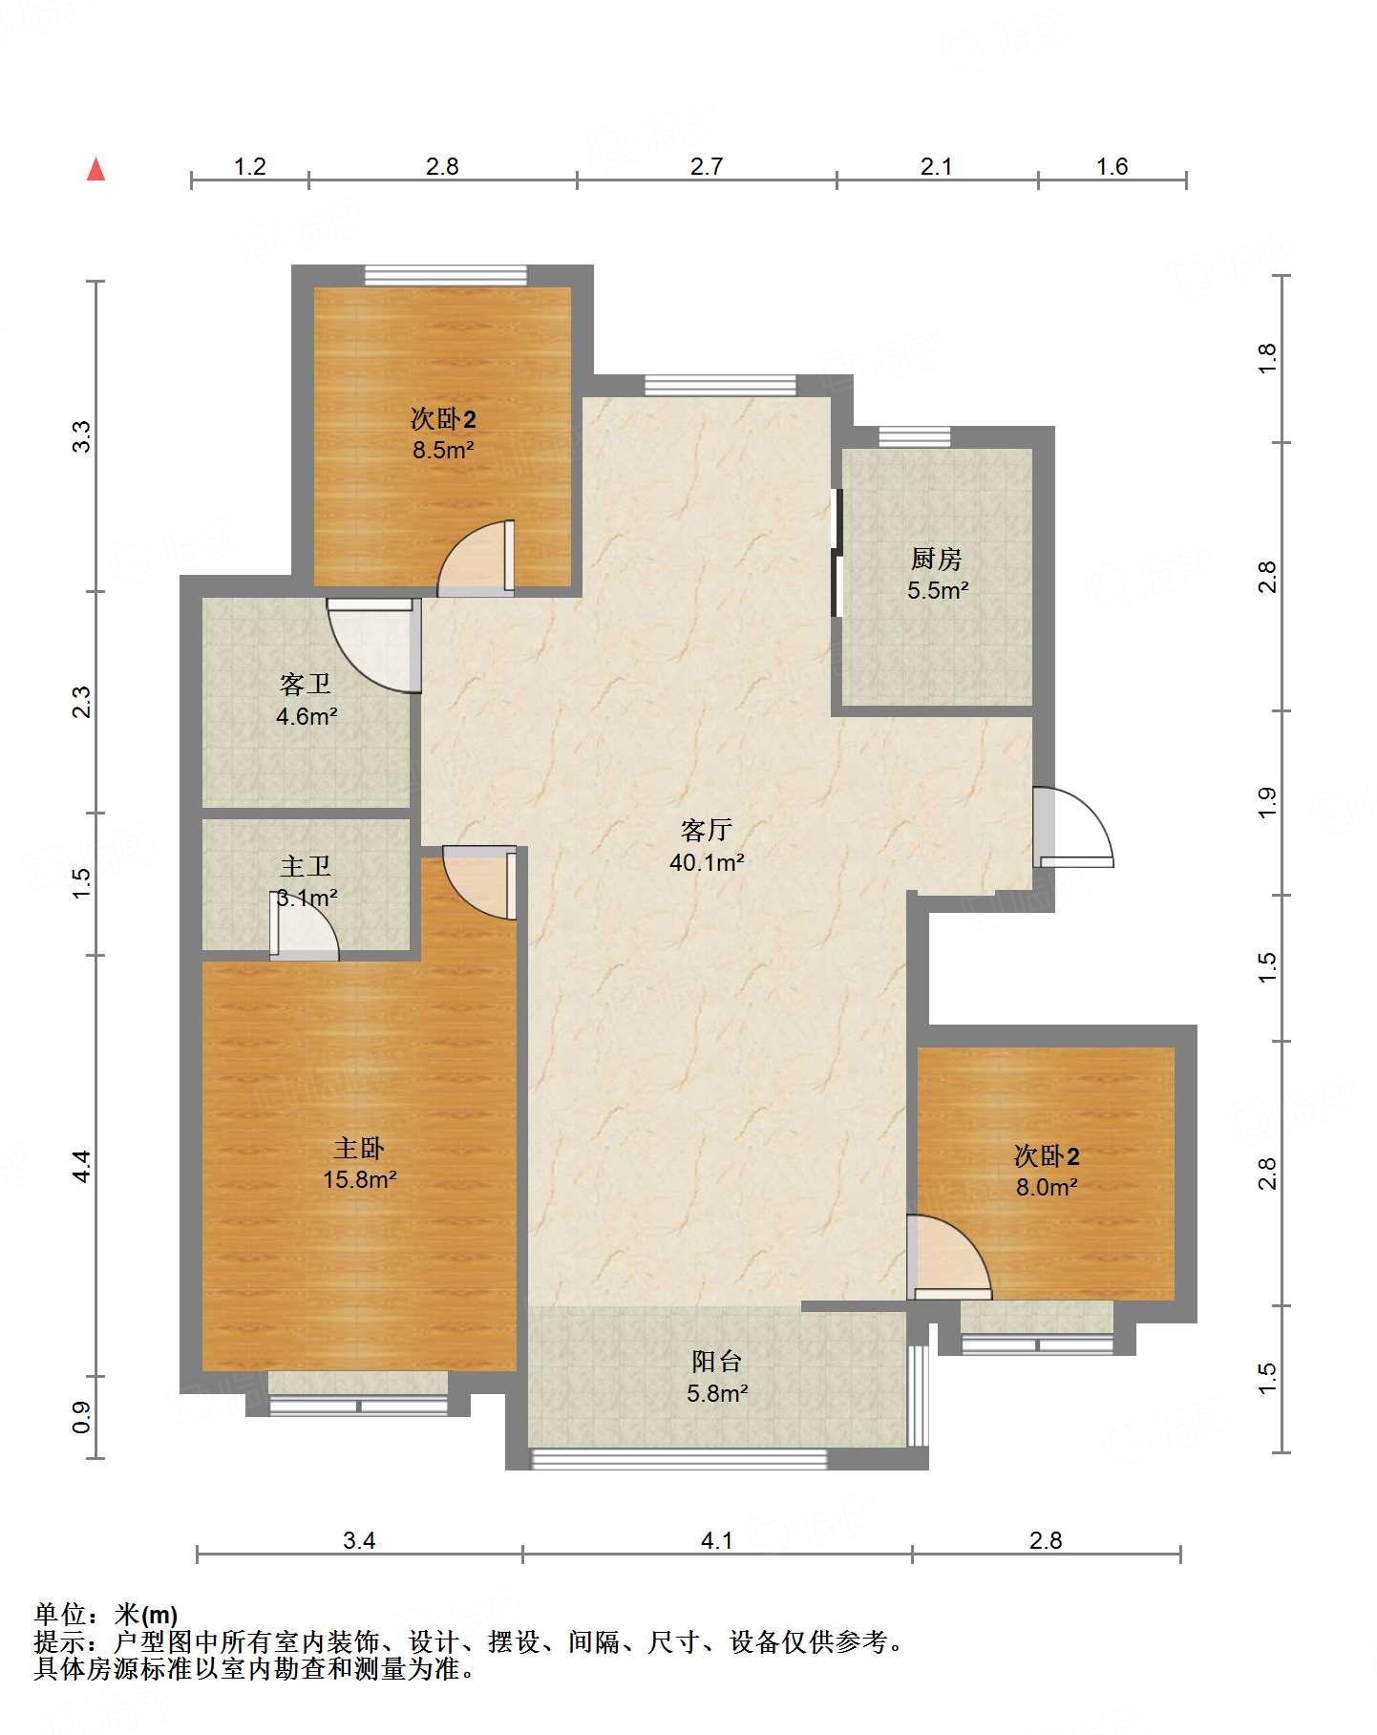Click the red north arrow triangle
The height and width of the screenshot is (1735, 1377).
[x=95, y=169]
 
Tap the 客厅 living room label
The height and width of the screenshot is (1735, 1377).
[x=707, y=831]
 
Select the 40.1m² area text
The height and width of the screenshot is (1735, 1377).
[x=707, y=863]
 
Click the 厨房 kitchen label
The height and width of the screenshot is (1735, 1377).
[x=937, y=559]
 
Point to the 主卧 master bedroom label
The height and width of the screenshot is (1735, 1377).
[x=359, y=1148]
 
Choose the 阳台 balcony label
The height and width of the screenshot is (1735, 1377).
[x=717, y=1362]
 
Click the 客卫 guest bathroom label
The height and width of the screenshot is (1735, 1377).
[x=306, y=685]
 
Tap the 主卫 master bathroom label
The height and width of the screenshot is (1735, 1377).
[x=306, y=866]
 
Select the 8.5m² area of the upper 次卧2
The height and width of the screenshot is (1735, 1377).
[x=443, y=451]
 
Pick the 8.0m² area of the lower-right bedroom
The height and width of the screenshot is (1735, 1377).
[x=1047, y=1188]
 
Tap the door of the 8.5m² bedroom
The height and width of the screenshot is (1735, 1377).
[x=477, y=558]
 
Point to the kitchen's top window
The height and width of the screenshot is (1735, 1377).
[x=915, y=436]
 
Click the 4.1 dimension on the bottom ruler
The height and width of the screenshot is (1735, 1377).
[x=717, y=1540]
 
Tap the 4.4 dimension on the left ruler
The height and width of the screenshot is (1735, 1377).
[x=82, y=1166]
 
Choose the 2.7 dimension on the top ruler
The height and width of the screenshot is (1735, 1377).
[x=707, y=167]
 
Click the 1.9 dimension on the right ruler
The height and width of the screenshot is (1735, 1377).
[x=1267, y=802]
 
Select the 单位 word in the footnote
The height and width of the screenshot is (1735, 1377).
[x=60, y=1615]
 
